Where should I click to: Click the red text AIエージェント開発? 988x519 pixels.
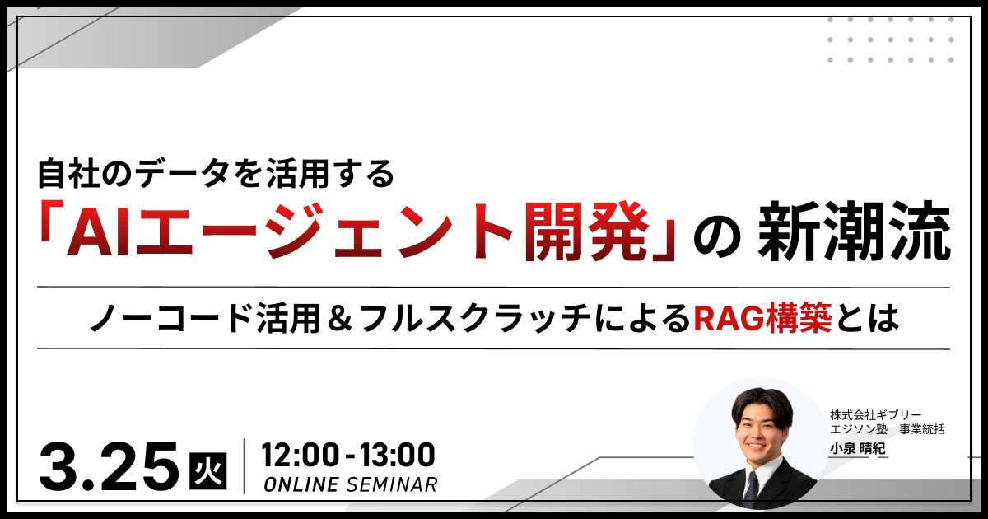point(357,231)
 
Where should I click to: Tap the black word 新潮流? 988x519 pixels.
point(855,231)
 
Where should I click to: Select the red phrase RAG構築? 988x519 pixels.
point(762,318)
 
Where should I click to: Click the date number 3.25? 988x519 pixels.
point(109,466)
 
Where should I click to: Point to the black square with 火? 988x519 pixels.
point(208,471)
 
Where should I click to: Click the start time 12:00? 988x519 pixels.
point(301,455)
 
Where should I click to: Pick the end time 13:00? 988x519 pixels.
point(397,455)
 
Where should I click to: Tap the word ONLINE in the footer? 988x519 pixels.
point(301,484)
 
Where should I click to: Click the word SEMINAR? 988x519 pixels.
point(392,484)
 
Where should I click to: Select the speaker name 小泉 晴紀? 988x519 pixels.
point(858,449)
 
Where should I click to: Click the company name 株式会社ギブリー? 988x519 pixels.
point(876,415)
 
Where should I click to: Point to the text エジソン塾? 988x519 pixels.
point(858,429)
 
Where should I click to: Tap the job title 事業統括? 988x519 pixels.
point(922,429)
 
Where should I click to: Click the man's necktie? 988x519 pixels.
point(750,489)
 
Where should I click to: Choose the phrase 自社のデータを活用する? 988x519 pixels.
point(216,174)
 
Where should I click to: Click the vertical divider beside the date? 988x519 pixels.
point(244,466)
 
